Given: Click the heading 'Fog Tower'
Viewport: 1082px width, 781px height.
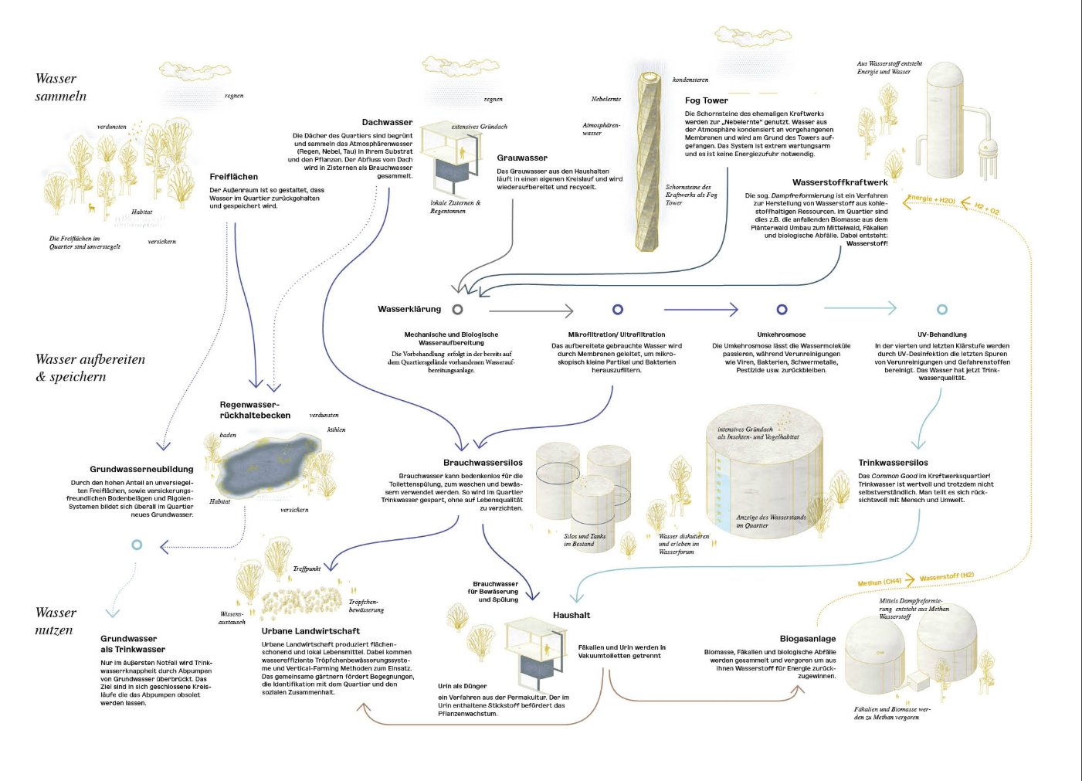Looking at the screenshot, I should (706, 100).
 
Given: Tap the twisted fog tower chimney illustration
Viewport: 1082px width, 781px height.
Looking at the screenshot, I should (649, 162).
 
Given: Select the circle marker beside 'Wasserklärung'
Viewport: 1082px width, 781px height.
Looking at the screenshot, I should (458, 309).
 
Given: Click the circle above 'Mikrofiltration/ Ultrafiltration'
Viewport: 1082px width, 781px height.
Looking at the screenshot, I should (618, 309).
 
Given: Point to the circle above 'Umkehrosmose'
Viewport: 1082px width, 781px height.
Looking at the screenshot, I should (782, 309).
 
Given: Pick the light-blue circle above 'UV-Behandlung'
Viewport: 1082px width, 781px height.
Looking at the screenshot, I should (941, 309).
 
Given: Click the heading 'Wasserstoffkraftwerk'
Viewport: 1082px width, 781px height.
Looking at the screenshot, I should (839, 183).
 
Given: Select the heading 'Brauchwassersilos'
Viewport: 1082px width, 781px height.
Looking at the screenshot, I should (483, 463).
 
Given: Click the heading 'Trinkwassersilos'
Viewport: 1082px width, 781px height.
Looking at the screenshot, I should (893, 463).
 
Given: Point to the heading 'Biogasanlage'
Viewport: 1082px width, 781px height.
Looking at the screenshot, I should (807, 639).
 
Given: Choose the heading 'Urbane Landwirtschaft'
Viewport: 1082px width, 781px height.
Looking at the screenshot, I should (310, 631).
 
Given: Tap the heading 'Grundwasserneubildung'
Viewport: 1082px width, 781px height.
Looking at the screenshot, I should (141, 469).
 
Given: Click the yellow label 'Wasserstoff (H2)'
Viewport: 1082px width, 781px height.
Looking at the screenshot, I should (946, 577).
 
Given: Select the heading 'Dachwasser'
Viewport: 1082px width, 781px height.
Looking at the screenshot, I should (387, 122).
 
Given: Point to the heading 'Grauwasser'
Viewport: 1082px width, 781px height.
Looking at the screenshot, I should (522, 158).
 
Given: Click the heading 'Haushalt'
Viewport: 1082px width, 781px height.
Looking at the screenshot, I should (572, 616).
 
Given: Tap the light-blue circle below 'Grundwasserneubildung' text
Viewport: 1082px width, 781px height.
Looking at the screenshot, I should (137, 545).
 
